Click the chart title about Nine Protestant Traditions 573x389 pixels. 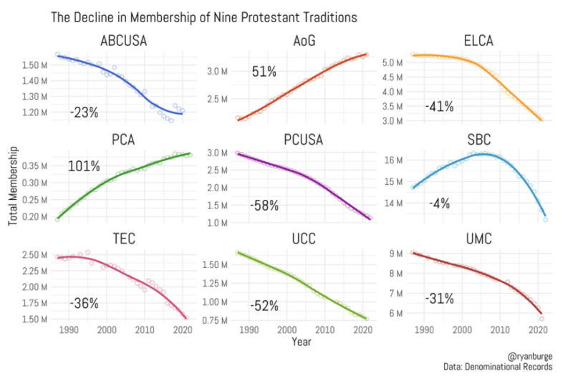(203, 16)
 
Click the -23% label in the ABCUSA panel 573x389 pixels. (84, 112)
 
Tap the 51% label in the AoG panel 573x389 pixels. (263, 72)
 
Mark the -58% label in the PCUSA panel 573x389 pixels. (264, 206)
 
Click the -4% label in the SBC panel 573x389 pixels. (439, 203)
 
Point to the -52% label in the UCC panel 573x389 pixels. (264, 305)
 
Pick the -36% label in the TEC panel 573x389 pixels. (84, 303)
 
